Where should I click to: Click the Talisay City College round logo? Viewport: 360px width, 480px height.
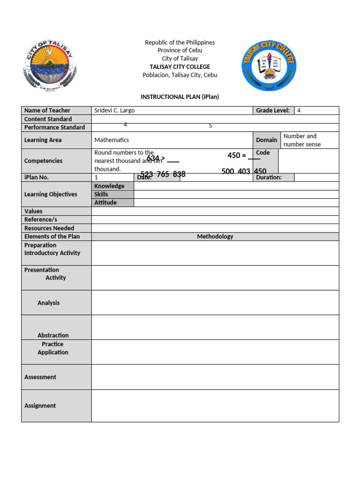click(269, 65)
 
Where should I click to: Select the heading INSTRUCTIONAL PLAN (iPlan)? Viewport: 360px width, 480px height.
click(180, 97)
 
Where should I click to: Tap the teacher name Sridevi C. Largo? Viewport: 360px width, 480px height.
click(114, 111)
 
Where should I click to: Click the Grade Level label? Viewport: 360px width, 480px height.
click(272, 111)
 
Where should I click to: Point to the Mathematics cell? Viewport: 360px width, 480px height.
click(112, 140)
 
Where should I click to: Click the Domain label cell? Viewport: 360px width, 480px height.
click(266, 140)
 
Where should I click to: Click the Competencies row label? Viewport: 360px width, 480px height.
click(43, 161)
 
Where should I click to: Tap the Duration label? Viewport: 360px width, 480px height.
click(269, 178)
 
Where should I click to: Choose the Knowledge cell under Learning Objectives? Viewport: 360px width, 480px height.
click(109, 186)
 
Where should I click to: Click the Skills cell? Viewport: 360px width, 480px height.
click(101, 194)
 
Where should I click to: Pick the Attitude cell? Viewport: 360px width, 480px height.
click(105, 202)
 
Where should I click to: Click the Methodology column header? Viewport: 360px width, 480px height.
click(215, 237)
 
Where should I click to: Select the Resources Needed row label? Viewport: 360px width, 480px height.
click(49, 228)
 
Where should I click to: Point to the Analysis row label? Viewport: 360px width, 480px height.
click(49, 303)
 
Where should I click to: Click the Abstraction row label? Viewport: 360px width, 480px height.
click(53, 335)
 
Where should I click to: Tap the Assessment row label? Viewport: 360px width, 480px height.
click(40, 377)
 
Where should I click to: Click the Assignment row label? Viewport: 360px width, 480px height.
click(40, 405)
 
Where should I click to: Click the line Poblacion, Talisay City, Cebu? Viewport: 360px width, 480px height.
click(180, 75)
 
